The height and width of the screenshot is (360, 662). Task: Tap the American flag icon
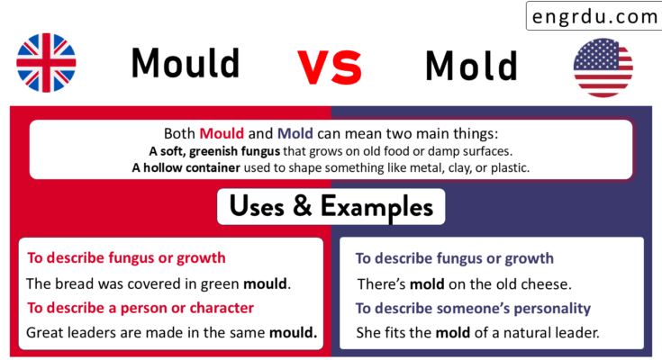coord(603,68)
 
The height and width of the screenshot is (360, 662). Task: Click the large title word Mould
coord(186,64)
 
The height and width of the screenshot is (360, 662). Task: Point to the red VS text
coord(330,67)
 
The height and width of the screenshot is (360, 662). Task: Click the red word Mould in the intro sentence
coord(222,132)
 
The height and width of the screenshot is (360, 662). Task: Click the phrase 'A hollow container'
coord(181,167)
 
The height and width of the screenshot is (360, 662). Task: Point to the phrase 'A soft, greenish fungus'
coord(210,149)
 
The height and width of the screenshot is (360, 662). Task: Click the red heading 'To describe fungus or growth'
coord(126,258)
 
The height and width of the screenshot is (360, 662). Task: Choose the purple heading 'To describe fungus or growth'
coord(455,259)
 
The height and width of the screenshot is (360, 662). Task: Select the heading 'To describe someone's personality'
coord(474,309)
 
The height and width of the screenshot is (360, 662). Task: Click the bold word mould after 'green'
coord(268,283)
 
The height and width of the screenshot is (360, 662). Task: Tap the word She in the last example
coord(370,333)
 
